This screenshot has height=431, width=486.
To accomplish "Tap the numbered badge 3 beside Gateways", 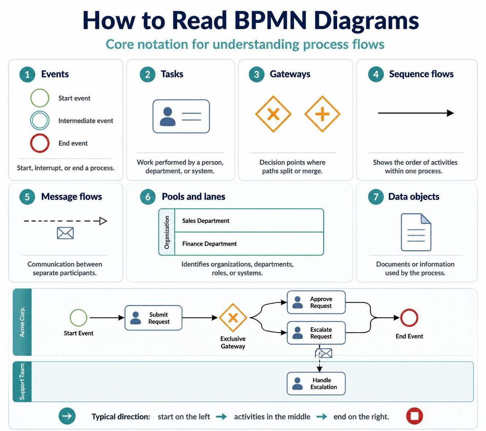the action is (x=256, y=74).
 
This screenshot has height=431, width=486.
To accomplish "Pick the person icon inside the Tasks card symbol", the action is (x=168, y=116).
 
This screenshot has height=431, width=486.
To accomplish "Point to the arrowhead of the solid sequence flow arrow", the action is (x=450, y=113).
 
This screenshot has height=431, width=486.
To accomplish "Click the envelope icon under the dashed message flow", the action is (x=65, y=233).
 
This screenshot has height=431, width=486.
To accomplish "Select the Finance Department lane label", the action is (x=210, y=244).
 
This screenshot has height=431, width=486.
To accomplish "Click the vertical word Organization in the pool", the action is (x=167, y=232).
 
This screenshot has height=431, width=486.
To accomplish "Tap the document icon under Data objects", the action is (x=416, y=232).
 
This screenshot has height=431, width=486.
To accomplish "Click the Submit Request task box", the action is (x=153, y=318).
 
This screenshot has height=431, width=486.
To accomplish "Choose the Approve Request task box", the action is (x=316, y=302).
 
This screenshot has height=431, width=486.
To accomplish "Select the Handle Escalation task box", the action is (x=316, y=383).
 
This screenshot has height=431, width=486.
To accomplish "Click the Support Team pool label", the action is (x=22, y=382).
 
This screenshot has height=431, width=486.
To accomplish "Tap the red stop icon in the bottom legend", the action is (x=414, y=416).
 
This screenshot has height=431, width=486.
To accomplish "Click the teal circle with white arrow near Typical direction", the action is (x=67, y=416).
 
